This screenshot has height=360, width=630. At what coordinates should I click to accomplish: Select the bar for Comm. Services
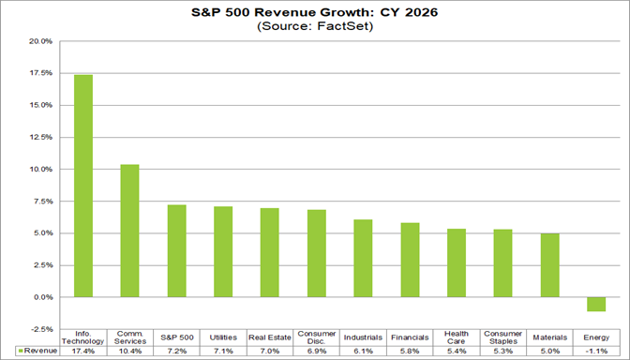coord(130,231)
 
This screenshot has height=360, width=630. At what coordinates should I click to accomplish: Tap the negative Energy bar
coord(596,304)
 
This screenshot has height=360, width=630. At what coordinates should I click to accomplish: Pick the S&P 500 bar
coord(176,250)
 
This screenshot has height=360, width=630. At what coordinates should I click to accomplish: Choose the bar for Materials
coord(549,265)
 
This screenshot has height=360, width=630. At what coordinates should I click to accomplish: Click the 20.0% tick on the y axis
coord(40,41)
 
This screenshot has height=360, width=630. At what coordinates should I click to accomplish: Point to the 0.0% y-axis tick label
coord(42,297)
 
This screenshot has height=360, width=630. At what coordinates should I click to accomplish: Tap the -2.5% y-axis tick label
coord(41,329)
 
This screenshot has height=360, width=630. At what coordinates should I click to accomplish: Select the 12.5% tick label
coord(40,137)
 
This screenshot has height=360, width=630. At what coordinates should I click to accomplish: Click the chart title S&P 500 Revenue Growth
coord(315,11)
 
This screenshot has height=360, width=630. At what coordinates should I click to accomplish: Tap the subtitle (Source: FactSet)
coord(315,27)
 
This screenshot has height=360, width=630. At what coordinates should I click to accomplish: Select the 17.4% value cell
coord(83,351)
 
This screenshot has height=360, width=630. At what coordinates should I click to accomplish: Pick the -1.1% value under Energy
coord(596,351)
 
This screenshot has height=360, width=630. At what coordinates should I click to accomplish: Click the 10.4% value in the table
coord(130,351)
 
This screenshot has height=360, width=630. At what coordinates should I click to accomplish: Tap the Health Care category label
coord(457,337)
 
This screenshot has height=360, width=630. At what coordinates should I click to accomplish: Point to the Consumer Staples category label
coord(502,337)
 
